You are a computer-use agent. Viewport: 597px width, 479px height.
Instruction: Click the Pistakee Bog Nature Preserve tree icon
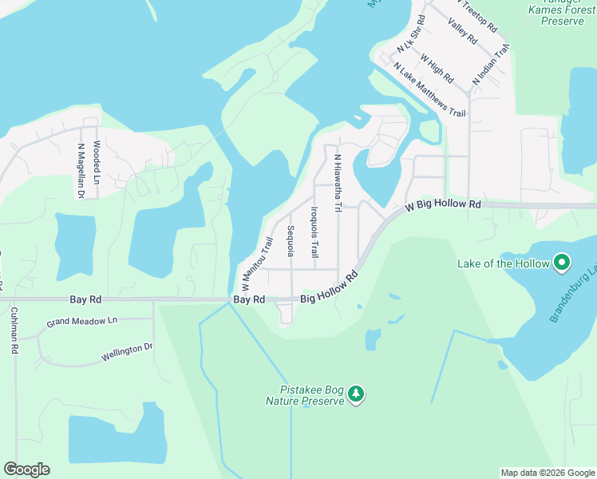click(x=356, y=393)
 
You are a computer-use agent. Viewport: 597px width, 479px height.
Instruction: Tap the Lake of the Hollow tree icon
click(x=562, y=263)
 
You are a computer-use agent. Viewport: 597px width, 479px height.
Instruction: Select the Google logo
click(x=26, y=469)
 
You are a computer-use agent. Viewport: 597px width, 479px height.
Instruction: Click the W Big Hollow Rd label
click(x=443, y=205)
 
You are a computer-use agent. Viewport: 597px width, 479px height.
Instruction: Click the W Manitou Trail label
click(x=257, y=263)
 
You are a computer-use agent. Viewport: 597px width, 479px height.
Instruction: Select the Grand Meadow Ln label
click(x=81, y=322)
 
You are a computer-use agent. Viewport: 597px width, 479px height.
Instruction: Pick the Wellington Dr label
click(x=127, y=352)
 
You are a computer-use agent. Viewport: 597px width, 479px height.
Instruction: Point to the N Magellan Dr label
click(x=81, y=170)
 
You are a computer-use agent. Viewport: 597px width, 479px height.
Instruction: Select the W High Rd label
click(x=436, y=69)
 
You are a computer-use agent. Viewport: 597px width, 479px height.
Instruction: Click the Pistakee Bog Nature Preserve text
click(x=305, y=396)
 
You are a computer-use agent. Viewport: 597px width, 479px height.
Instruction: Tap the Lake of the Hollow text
click(x=504, y=263)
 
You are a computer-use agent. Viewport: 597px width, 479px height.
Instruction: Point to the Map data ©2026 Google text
click(x=547, y=473)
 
